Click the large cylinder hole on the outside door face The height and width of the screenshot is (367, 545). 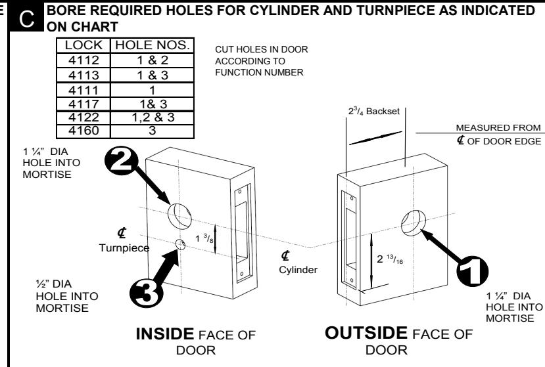[x=412, y=221]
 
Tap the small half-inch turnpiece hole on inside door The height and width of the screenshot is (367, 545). [x=179, y=244]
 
